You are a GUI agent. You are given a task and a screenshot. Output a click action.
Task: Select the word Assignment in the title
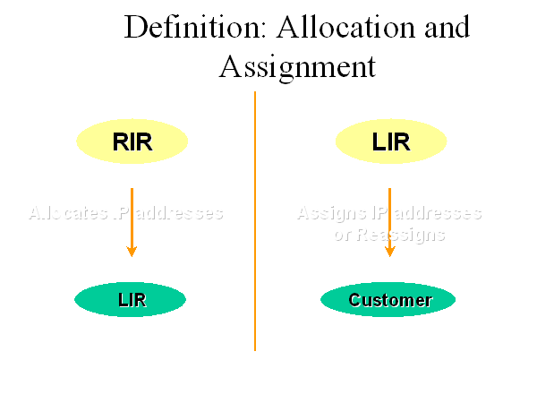pyautogui.click(x=296, y=67)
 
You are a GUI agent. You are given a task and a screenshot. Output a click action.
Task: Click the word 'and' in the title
pyautogui.click(x=443, y=27)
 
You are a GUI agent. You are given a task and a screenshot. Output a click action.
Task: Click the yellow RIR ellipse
pyautogui.click(x=132, y=141)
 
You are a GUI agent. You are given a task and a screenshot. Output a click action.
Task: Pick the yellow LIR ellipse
pyautogui.click(x=390, y=141)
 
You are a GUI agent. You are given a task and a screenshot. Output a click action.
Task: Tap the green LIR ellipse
pyautogui.click(x=131, y=300)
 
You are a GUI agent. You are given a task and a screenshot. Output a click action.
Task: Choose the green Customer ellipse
pyautogui.click(x=388, y=300)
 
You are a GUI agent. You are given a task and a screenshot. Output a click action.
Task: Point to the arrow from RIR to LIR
pyautogui.click(x=132, y=219)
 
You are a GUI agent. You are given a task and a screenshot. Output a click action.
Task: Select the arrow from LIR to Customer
pyautogui.click(x=389, y=219)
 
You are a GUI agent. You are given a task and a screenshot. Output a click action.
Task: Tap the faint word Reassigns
pyautogui.click(x=402, y=235)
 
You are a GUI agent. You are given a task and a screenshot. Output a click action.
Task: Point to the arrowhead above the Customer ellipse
pyautogui.click(x=389, y=251)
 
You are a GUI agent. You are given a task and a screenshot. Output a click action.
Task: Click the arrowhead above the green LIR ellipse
pyautogui.click(x=132, y=251)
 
